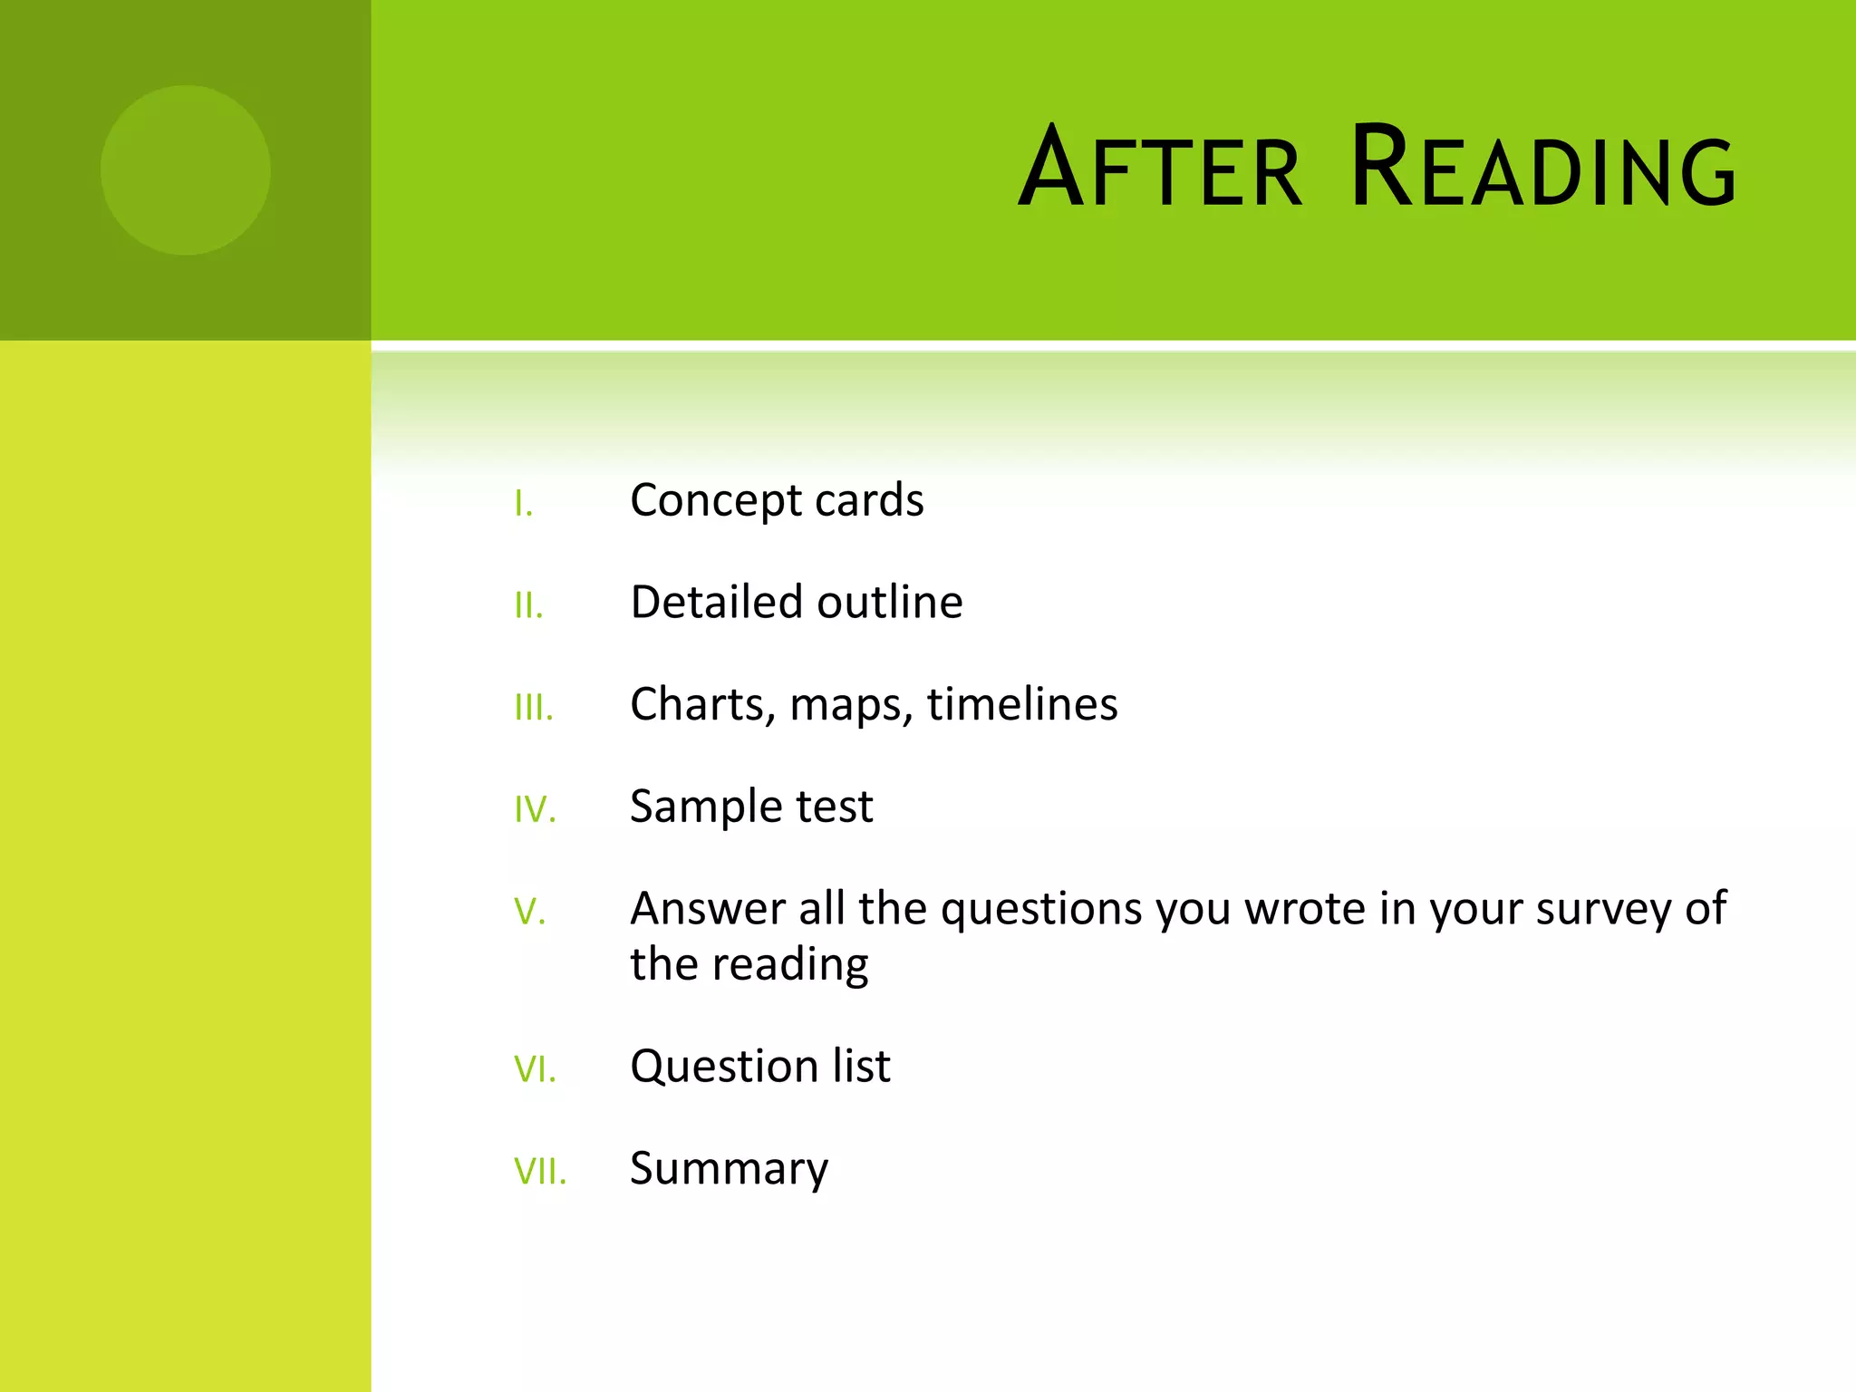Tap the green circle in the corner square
point(185,170)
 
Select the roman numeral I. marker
point(523,504)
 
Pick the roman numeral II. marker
point(528,605)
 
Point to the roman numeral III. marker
point(533,708)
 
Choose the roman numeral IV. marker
point(535,809)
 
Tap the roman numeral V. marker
point(529,912)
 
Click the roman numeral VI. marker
point(535,1069)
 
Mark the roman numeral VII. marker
point(540,1172)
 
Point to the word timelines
point(1022,705)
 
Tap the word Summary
point(729,1170)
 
